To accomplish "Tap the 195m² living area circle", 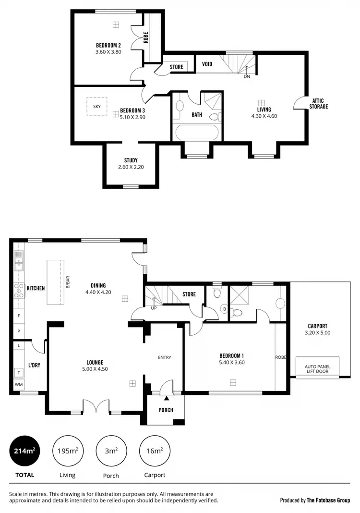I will [x=67, y=451].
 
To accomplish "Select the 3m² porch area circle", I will [x=111, y=451].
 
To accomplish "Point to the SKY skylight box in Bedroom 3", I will [x=96, y=106].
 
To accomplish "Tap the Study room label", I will [x=131, y=160].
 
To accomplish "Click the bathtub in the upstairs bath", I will [x=197, y=133].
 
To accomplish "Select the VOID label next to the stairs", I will [x=207, y=64].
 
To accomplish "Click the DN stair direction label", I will [x=247, y=76].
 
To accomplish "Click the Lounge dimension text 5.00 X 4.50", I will [x=95, y=369].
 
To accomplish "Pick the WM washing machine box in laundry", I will [x=19, y=385].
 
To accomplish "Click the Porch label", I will [x=166, y=410].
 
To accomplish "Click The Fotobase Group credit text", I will [x=329, y=500].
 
